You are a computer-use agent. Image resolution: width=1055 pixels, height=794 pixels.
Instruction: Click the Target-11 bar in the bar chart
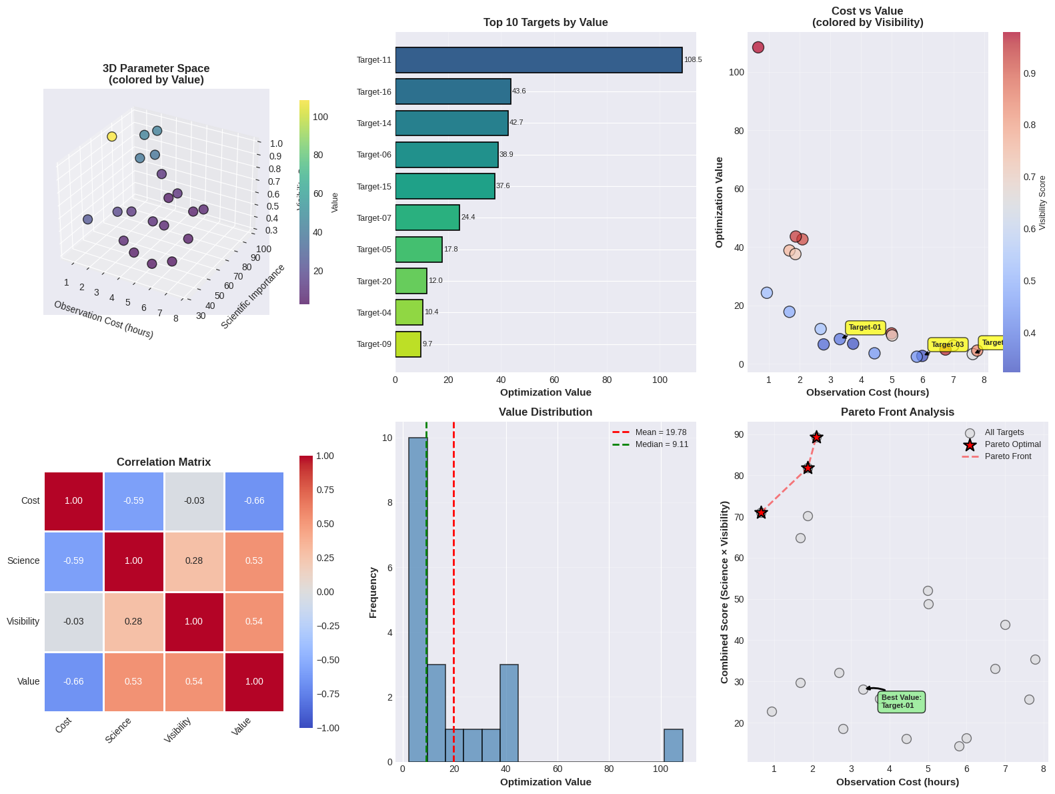pos(539,60)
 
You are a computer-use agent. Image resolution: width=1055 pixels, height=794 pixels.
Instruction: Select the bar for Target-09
pos(408,344)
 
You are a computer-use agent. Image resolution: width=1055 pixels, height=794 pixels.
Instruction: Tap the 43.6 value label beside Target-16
pos(519,91)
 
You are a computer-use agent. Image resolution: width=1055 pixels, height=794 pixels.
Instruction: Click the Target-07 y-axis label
pos(374,218)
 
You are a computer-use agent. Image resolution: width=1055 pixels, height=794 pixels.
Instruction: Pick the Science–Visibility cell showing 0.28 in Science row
pos(194,561)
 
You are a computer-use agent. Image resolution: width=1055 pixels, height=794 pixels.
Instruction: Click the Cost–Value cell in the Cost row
pos(254,501)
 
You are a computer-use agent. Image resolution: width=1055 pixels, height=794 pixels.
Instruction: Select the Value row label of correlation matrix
pos(29,682)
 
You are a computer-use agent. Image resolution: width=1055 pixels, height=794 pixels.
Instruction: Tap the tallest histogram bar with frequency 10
pos(417,599)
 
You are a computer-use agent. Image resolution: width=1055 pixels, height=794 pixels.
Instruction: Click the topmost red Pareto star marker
pos(816,438)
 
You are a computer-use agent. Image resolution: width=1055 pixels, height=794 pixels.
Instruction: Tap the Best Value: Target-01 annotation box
pos(901,702)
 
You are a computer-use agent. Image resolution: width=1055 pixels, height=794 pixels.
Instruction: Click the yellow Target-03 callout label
pos(947,345)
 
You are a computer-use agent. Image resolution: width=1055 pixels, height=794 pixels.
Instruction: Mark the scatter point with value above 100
pos(758,47)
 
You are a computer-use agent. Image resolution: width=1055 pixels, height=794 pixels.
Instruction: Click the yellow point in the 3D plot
pos(112,137)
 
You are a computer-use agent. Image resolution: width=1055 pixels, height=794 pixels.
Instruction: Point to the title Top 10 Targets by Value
pos(546,23)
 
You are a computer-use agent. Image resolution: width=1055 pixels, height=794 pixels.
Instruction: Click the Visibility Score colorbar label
pos(1042,203)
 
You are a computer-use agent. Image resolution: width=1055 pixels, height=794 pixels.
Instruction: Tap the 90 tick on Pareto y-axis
pos(739,435)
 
